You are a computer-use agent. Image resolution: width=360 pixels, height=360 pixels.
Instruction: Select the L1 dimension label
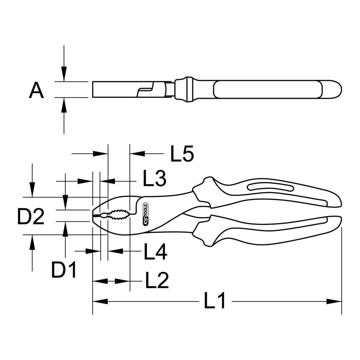(215, 301)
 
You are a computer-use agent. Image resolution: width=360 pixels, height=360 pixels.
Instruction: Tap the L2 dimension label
(157, 281)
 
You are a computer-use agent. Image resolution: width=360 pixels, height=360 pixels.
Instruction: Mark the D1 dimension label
(64, 270)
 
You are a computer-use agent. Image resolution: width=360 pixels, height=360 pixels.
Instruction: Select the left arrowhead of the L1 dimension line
(100, 301)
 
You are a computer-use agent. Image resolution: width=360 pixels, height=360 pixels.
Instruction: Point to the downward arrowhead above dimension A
(64, 74)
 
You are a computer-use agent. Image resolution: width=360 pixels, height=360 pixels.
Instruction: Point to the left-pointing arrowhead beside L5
(137, 153)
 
